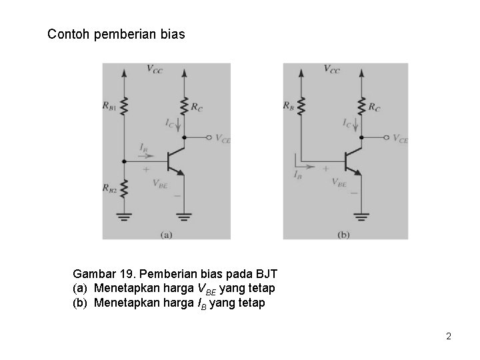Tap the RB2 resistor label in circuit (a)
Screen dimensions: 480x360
[x=111, y=189]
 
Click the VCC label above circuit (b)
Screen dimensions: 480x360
[x=331, y=69]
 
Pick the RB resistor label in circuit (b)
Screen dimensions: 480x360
[x=289, y=105]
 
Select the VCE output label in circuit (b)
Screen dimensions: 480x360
[x=399, y=139]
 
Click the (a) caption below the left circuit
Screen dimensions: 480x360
[x=166, y=234]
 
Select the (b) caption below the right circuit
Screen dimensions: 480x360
[x=344, y=234]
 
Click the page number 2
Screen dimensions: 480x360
[x=449, y=336]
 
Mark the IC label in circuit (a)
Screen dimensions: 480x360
[x=171, y=123]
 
